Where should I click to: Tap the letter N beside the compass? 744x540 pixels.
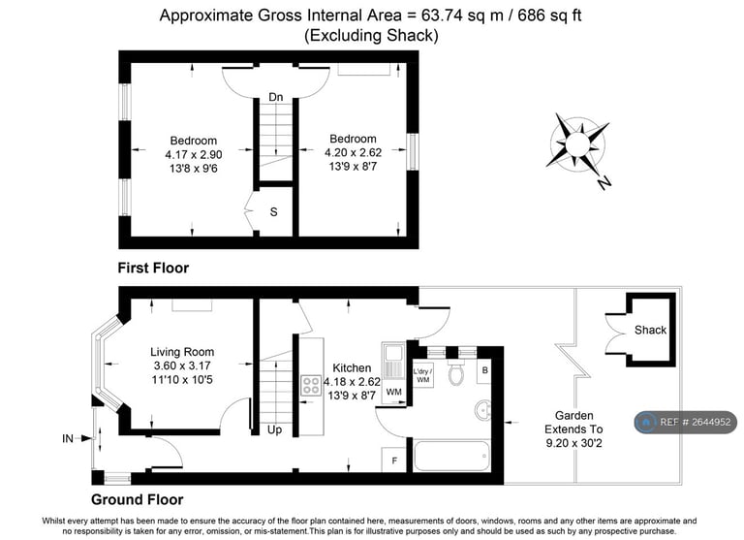click(x=604, y=182)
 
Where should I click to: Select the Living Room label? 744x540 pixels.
click(x=182, y=352)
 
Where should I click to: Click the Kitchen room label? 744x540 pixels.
click(x=350, y=368)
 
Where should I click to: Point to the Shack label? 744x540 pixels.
click(x=650, y=330)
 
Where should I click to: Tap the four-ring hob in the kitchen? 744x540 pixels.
click(x=312, y=385)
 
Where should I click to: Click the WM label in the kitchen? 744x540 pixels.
click(x=393, y=392)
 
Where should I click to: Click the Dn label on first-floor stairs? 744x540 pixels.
click(x=276, y=97)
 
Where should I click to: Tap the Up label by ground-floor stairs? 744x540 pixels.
click(x=274, y=429)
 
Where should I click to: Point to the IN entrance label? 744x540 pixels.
click(x=68, y=439)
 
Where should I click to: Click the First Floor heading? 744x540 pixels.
click(x=153, y=268)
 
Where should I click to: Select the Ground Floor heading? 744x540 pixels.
click(x=137, y=500)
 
